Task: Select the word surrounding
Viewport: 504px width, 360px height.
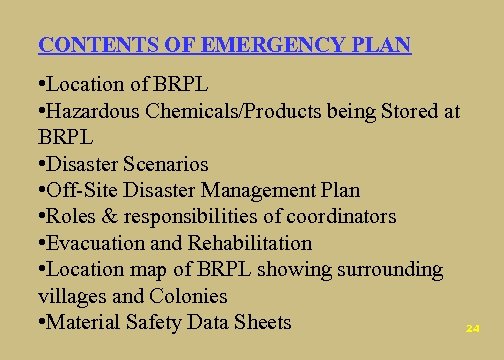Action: coord(387,269)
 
